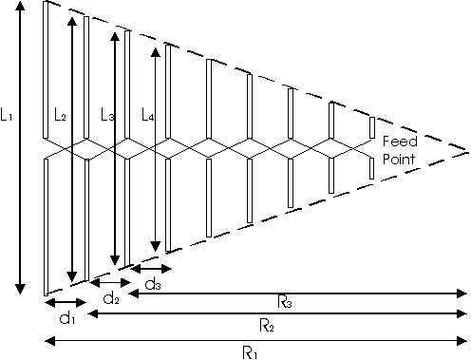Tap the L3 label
[x=107, y=114]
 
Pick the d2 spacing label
[x=111, y=298]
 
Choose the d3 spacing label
[x=153, y=285]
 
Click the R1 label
[x=250, y=352]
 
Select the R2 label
[x=267, y=325]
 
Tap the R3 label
[x=285, y=301]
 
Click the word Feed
[x=400, y=141]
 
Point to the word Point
[x=399, y=159]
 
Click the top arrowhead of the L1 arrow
[x=20, y=7]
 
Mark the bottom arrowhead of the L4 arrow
[x=156, y=246]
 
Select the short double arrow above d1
[x=66, y=303]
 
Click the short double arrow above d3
[x=151, y=269]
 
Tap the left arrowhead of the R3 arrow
[x=134, y=294]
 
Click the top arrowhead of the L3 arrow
[x=115, y=36]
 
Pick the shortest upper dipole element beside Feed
[x=372, y=127]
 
